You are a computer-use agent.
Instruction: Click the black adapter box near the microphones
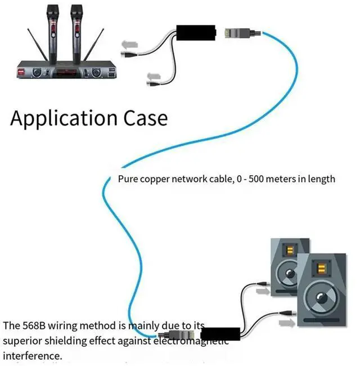197,33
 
